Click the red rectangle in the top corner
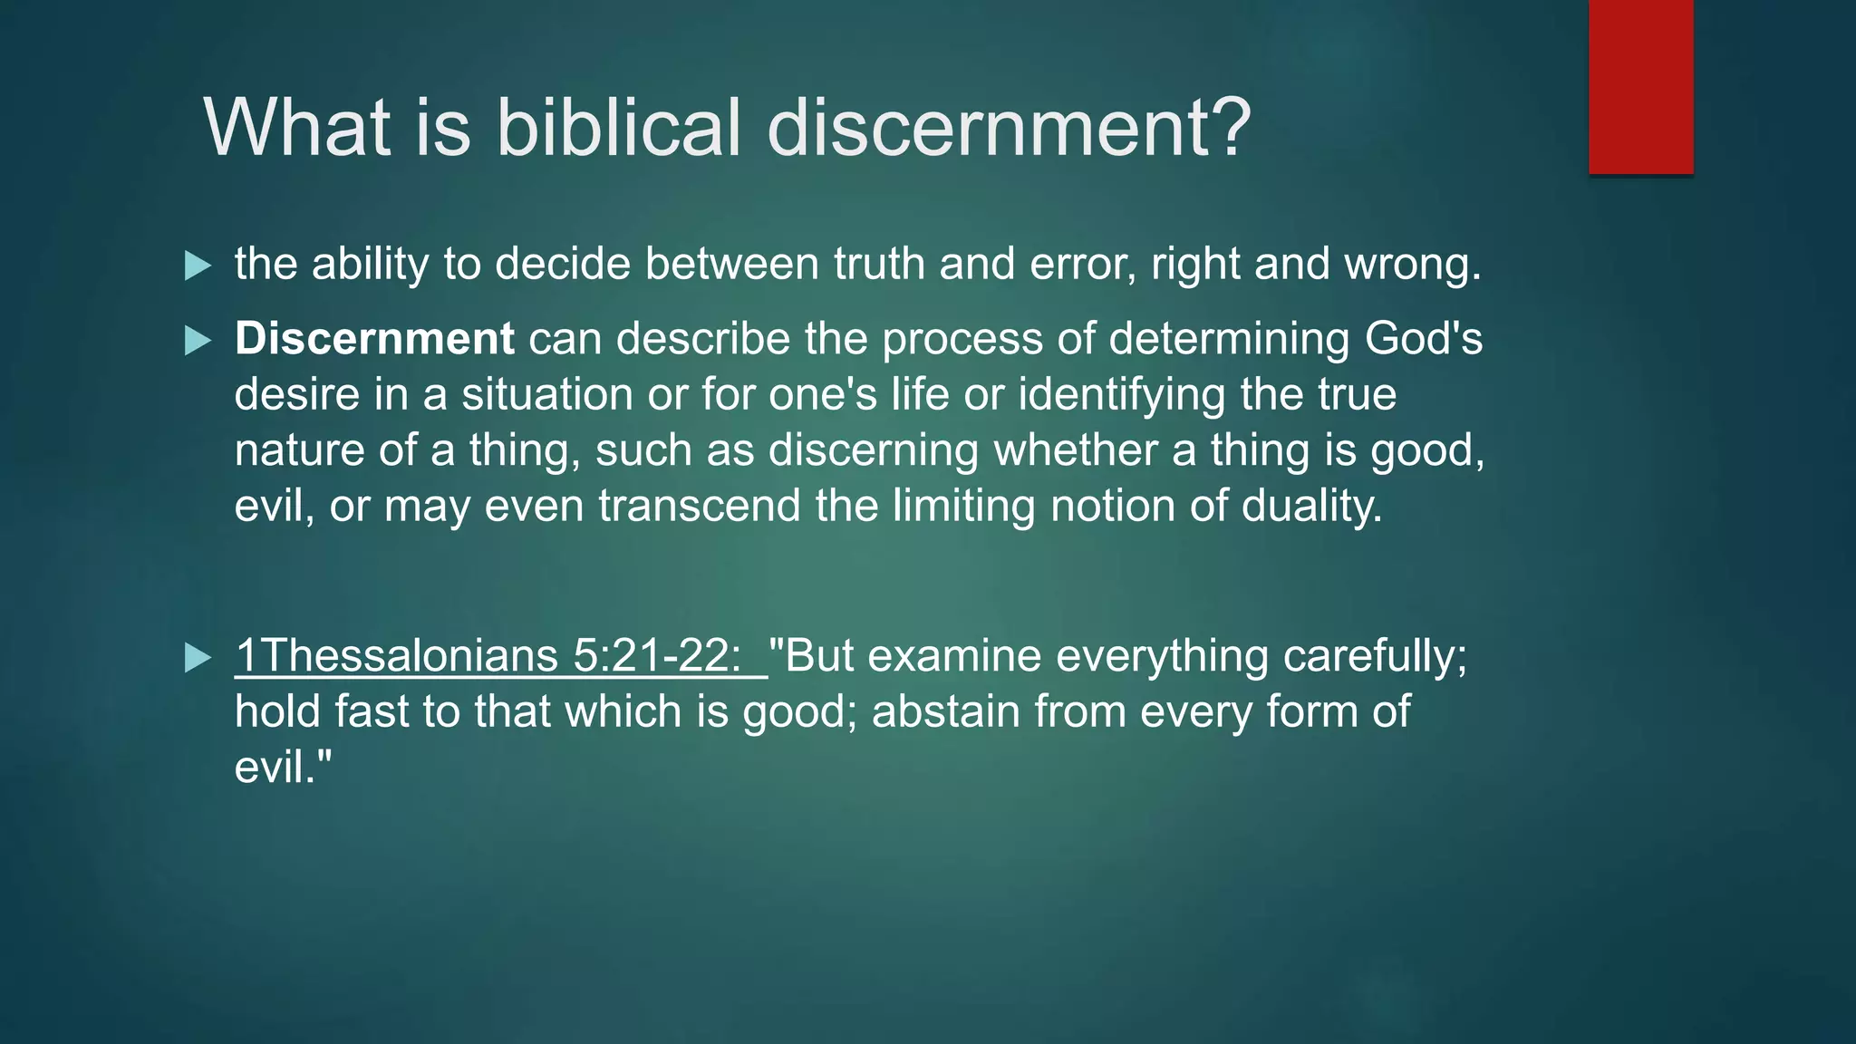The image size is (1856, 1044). pos(1640,86)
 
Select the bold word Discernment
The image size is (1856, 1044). pos(374,339)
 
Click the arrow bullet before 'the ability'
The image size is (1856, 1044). pos(198,266)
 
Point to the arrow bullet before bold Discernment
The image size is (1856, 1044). pos(198,341)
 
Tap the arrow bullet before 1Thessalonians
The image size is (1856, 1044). pos(198,658)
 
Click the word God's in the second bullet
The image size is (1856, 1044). pos(1424,339)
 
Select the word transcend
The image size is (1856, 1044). pos(699,506)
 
